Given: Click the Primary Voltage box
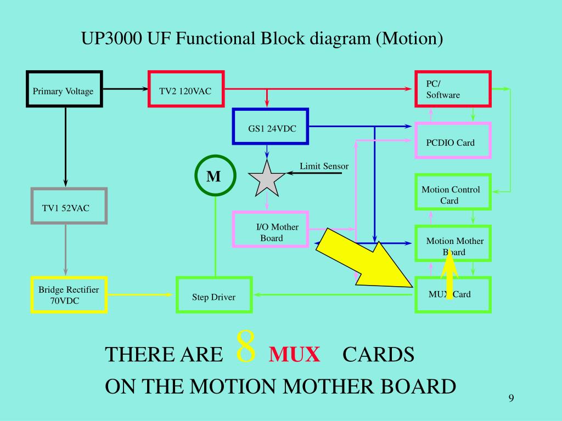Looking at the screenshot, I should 64,89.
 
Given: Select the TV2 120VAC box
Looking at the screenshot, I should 186,89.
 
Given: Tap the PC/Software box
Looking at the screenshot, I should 452,89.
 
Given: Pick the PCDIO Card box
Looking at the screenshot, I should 452,141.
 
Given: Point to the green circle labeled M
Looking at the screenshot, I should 215,177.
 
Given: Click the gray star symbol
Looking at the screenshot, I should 267,179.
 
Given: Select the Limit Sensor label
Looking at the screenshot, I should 324,166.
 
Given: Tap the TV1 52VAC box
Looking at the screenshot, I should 69,206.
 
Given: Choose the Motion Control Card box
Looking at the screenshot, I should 452,192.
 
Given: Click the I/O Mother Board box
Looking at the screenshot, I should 271,229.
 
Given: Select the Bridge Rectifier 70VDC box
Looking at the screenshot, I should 69,294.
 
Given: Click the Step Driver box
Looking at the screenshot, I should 214,295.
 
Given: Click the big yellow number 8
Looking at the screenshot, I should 246,347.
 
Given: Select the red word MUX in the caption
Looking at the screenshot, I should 294,355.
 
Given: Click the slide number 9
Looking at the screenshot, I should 511,398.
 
